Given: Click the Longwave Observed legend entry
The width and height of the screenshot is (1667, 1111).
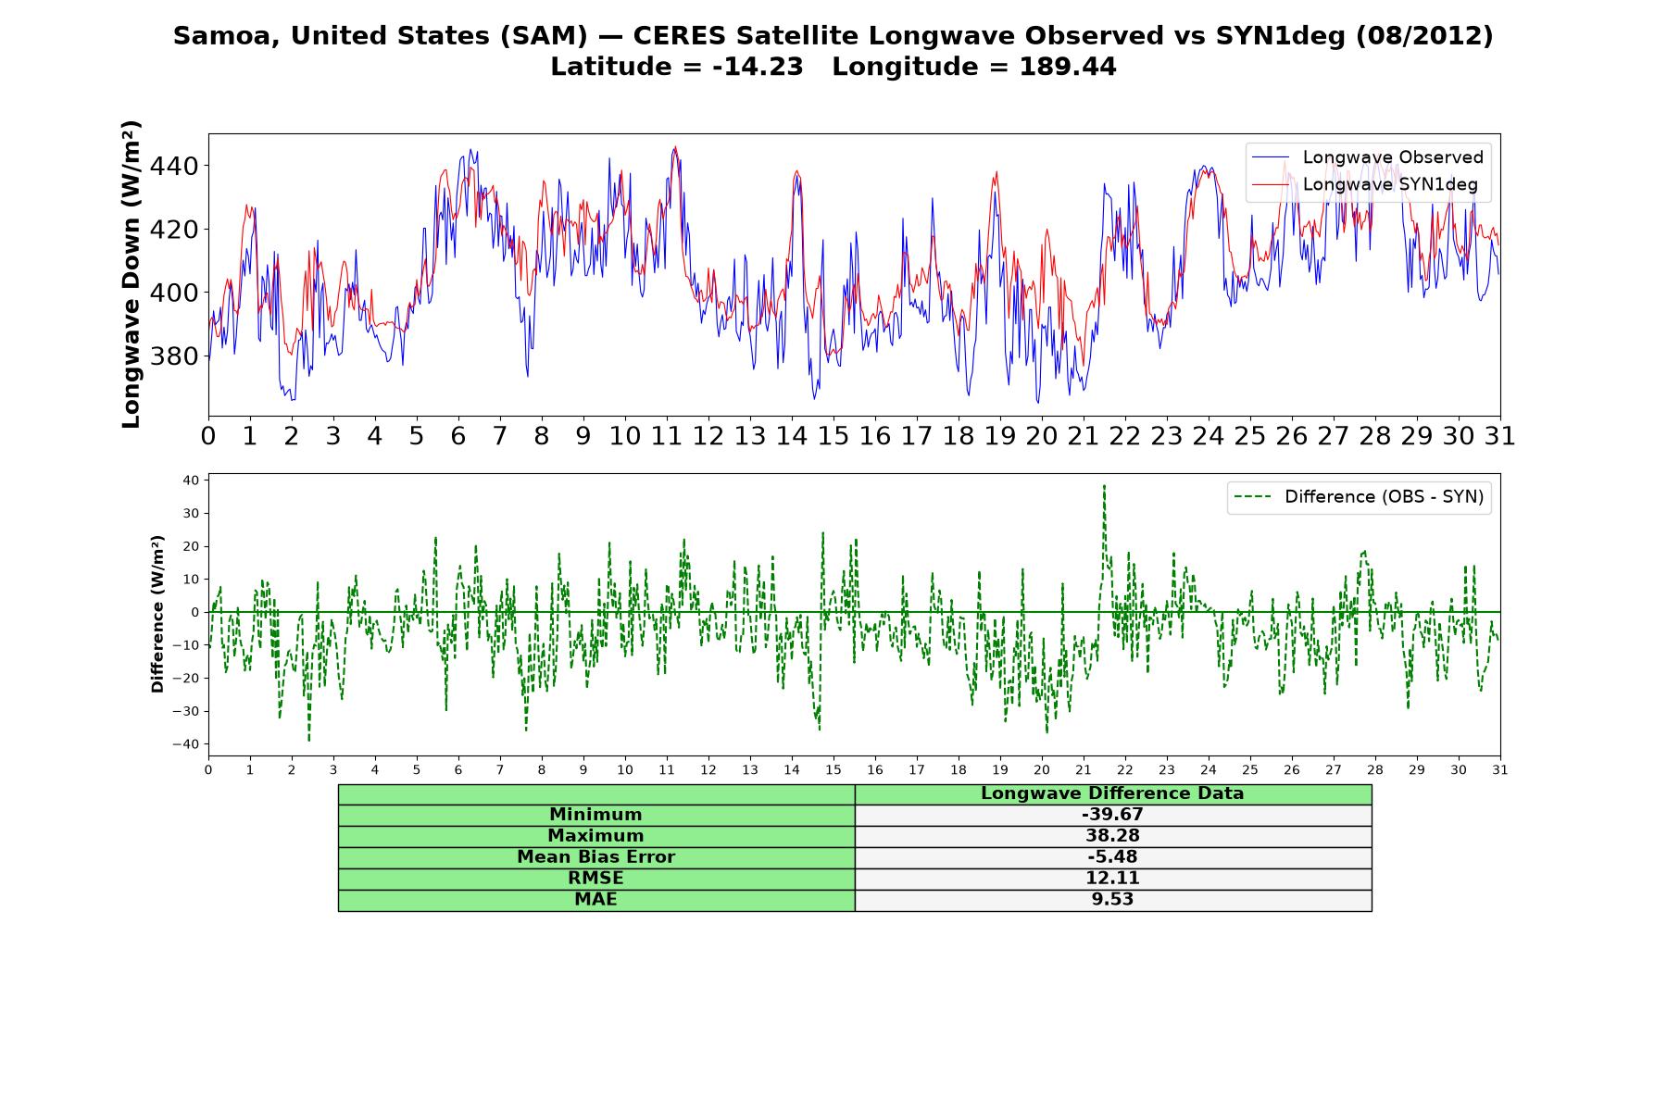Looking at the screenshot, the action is [x=1367, y=157].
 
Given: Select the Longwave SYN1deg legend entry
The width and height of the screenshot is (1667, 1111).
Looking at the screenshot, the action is [x=1365, y=184].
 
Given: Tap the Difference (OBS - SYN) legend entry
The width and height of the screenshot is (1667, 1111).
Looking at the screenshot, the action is [x=1360, y=497].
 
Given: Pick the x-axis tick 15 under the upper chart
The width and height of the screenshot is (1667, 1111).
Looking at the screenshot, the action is [x=833, y=436].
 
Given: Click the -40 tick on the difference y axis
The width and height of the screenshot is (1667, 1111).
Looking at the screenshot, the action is [x=190, y=744].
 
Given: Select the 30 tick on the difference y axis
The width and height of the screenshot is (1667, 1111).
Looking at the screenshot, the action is [x=192, y=513].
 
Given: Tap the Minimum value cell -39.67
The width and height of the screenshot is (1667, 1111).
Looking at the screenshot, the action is [x=1112, y=815].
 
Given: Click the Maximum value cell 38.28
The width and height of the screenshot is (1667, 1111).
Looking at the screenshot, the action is [x=1112, y=836].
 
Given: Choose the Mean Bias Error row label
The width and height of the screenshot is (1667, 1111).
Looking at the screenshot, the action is [x=595, y=857].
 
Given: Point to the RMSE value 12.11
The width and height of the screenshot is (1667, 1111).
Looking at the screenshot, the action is [x=1112, y=879].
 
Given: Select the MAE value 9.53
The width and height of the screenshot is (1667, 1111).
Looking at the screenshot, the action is [x=1112, y=900].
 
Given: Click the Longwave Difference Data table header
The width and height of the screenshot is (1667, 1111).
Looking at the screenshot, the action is [x=1112, y=793].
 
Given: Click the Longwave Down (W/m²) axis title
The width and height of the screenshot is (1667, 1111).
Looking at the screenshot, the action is [x=132, y=274].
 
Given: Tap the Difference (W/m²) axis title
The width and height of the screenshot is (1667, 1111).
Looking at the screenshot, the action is [x=157, y=614].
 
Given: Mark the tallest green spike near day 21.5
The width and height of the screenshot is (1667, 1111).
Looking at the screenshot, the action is [x=1104, y=486].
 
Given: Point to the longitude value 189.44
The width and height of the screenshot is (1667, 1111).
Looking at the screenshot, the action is [x=1068, y=67].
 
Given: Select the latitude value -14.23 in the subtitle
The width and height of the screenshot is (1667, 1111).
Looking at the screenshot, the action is [x=758, y=67].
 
